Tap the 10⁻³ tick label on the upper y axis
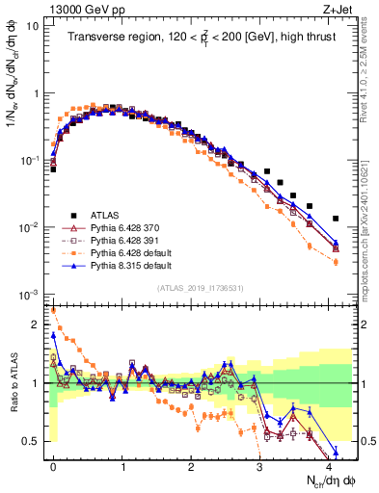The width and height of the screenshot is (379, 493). click(29, 294)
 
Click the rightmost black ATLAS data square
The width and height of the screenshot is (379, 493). click(336, 219)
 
